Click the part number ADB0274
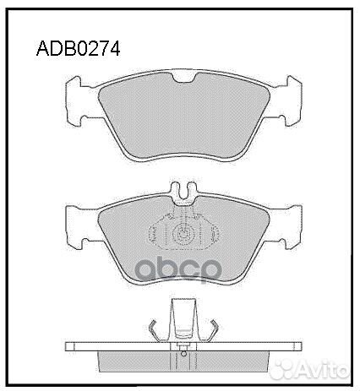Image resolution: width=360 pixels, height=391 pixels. point(78,48)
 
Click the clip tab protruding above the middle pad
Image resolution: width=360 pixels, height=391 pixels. point(183,193)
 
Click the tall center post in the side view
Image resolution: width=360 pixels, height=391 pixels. point(183,321)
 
